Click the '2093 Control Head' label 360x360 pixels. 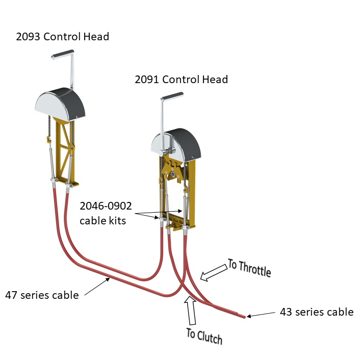point(62,37)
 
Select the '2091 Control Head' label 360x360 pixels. point(181,80)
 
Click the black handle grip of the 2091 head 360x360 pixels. point(172,96)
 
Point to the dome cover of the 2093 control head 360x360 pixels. point(54,101)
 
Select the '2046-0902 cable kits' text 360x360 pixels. point(106,214)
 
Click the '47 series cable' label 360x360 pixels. point(42,295)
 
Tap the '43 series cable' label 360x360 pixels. point(316,312)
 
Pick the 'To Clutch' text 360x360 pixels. point(204,336)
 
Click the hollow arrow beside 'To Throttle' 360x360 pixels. point(214,273)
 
